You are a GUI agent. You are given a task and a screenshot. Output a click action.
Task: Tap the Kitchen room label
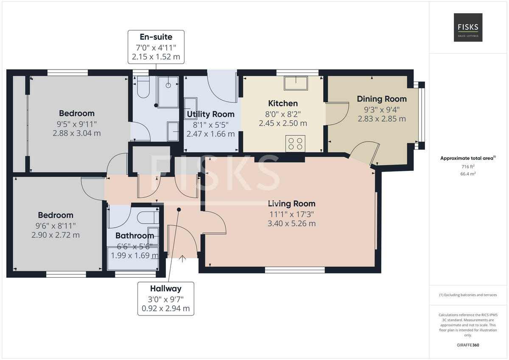coord(283,103)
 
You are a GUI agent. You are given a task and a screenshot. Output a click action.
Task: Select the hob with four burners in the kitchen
coord(295,143)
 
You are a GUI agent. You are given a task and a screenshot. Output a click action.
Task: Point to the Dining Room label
coord(381,99)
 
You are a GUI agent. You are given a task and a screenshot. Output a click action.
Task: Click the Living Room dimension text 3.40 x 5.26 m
coord(291,223)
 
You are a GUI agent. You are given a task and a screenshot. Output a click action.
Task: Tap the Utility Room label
coord(210,114)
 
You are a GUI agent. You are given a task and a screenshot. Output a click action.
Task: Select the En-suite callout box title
coord(156,37)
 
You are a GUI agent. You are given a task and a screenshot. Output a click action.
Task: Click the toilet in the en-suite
coord(143,88)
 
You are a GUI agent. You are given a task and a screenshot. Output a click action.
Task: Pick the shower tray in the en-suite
coord(168,92)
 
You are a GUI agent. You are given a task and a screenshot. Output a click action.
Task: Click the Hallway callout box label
coord(165,289)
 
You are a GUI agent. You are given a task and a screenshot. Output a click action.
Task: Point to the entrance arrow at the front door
coord(183,258)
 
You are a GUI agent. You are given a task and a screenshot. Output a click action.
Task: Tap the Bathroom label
coord(134,236)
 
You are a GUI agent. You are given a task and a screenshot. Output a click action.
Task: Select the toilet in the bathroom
coord(148,218)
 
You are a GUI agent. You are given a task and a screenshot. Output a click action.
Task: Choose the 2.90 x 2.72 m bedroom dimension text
coord(56,235)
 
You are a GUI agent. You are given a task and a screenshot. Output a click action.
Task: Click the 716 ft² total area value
coord(468,167)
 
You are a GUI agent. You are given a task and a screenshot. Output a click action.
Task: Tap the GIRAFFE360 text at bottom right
coord(468,345)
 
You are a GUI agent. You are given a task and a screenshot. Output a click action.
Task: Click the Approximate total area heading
coord(467,158)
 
